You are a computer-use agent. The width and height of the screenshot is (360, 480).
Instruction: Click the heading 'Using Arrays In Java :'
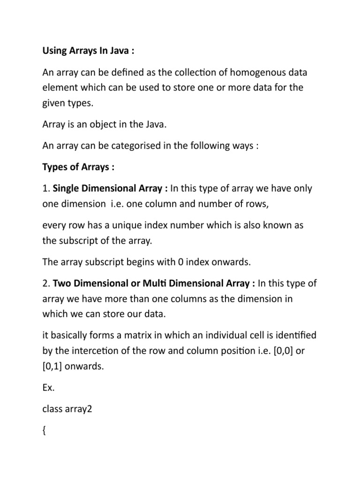[88, 51]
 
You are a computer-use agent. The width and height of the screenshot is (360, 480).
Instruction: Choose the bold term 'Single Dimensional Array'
[110, 189]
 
